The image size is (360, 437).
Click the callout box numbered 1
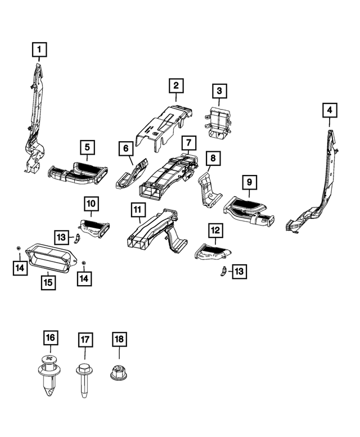click(x=39, y=51)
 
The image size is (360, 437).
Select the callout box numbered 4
click(x=330, y=110)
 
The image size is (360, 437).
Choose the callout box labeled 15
click(x=48, y=281)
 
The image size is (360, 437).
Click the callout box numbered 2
click(x=175, y=86)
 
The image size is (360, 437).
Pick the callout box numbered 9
click(x=249, y=182)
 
